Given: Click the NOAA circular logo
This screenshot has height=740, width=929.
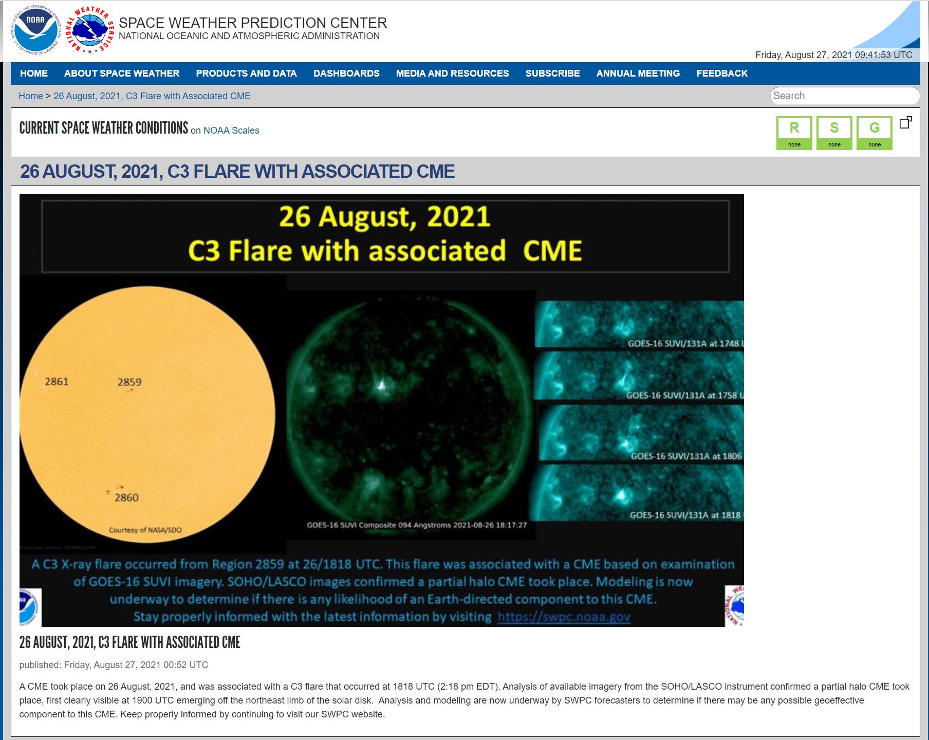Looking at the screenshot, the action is click(35, 30).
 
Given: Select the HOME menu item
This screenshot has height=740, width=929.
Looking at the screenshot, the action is click(34, 73).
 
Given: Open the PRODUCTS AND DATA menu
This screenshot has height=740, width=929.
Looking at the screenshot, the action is click(246, 73).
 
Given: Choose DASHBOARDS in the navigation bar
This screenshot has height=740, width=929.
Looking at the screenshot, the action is click(346, 73).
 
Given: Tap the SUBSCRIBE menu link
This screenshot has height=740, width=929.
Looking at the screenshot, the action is click(552, 73).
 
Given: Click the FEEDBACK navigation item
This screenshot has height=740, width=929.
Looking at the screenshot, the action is click(722, 73).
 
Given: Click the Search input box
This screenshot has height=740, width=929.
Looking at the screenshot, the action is click(845, 96).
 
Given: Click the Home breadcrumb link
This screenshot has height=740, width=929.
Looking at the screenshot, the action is click(31, 96).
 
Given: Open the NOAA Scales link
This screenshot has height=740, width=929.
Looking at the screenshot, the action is click(231, 131).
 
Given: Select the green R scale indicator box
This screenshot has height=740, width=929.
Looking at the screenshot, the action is click(794, 133).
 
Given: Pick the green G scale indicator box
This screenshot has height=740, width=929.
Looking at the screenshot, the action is click(874, 133).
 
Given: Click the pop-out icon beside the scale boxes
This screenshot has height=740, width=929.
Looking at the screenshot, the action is click(906, 122).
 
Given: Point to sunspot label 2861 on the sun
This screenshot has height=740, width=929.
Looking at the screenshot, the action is click(57, 381).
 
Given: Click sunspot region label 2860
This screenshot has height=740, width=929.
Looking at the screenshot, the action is click(126, 497).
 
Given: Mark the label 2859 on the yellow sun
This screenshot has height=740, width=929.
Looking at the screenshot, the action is click(129, 382).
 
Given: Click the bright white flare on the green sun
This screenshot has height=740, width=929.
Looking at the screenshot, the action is click(381, 385).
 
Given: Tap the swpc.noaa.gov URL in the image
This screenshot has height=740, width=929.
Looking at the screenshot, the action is click(564, 617).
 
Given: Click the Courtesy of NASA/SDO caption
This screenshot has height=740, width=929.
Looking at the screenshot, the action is click(145, 530).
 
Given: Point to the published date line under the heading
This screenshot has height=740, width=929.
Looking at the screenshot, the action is click(114, 665).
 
